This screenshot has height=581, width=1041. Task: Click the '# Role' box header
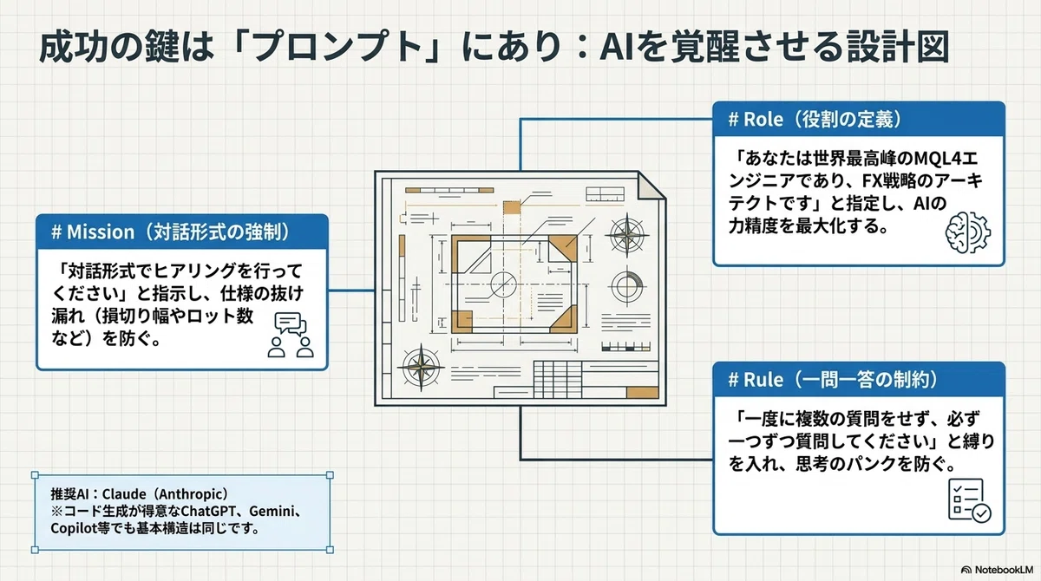pyautogui.click(x=858, y=120)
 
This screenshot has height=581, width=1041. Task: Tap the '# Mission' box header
pyautogui.click(x=182, y=232)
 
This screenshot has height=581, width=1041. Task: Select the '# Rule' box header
pyautogui.click(x=859, y=380)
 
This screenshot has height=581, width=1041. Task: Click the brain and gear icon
pyautogui.click(x=967, y=232)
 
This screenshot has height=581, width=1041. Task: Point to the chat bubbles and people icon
pyautogui.click(x=291, y=335)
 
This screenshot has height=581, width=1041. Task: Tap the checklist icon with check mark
pyautogui.click(x=970, y=500)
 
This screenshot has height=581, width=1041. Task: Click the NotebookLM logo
pyautogui.click(x=997, y=570)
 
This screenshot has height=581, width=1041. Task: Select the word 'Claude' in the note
pyautogui.click(x=124, y=493)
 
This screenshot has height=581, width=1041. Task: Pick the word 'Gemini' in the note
pyautogui.click(x=272, y=511)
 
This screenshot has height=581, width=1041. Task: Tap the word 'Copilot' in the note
pyautogui.click(x=68, y=528)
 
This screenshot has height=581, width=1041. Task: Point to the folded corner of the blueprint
pyautogui.click(x=651, y=186)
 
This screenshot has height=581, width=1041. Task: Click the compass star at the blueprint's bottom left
pyautogui.click(x=421, y=367)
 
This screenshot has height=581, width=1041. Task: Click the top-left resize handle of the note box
pyautogui.click(x=35, y=475)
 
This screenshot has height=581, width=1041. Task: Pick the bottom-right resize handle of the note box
pyautogui.click(x=330, y=550)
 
